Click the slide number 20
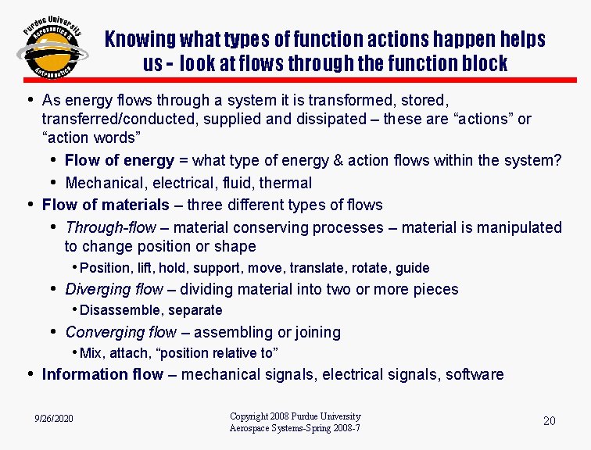pyautogui.click(x=549, y=421)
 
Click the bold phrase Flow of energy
pyautogui.click(x=120, y=161)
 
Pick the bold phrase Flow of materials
pyautogui.click(x=106, y=205)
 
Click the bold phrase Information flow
pyautogui.click(x=102, y=374)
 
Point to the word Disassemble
pyautogui.click(x=116, y=310)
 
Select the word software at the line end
pyautogui.click(x=475, y=374)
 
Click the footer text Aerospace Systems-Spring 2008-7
pyautogui.click(x=295, y=428)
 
